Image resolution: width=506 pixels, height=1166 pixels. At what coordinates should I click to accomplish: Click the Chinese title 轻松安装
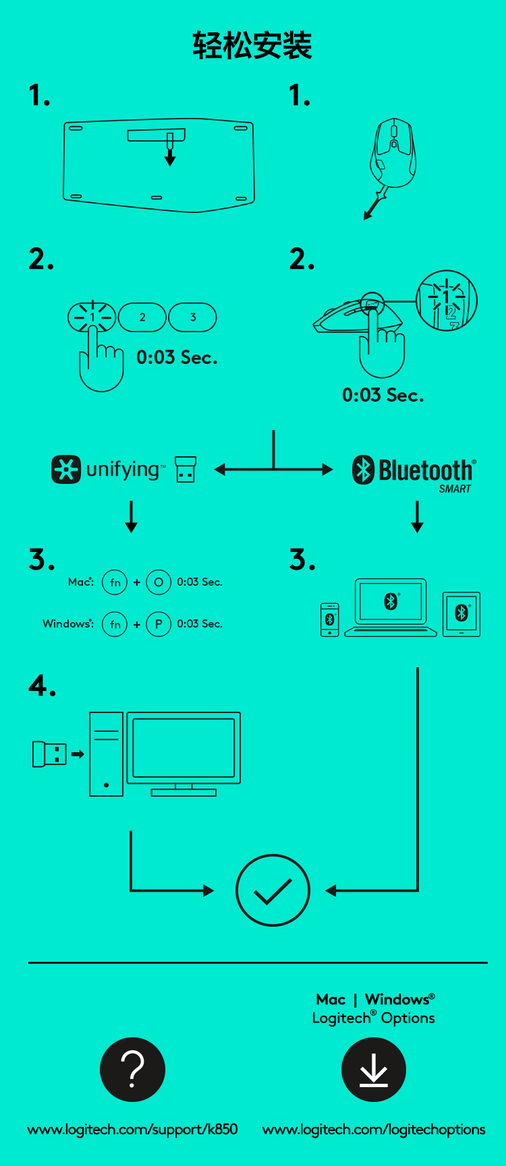coord(252,46)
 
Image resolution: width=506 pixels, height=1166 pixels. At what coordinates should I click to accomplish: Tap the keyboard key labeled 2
coord(142,317)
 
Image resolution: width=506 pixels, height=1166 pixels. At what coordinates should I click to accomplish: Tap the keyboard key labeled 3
coord(193,317)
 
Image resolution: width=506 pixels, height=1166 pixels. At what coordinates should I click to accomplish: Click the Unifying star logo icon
coord(66,470)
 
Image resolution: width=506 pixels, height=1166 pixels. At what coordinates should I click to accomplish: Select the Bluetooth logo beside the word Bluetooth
coord(364,470)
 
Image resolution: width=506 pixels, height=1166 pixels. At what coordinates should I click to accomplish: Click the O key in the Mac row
coord(159,582)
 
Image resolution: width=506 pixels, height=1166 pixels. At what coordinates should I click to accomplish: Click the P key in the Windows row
coord(159,624)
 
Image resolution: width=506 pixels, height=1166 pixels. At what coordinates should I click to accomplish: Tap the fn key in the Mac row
coord(115,582)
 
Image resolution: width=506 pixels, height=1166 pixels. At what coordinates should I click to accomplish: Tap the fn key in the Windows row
coord(115,624)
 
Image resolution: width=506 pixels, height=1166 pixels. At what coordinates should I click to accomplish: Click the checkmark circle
coord(273,890)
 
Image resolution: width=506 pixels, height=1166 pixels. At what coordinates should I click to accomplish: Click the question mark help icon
coord(132,1070)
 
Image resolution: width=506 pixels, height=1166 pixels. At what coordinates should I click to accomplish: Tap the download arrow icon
coord(374,1070)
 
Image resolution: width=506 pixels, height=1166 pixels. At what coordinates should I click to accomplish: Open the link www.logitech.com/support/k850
coord(132,1130)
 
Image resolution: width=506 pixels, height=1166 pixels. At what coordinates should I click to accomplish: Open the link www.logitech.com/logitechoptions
coord(374,1130)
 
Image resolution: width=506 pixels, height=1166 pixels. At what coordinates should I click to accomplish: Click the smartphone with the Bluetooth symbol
coord(330,619)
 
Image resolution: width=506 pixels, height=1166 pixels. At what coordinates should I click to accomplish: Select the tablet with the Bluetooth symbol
coord(461,614)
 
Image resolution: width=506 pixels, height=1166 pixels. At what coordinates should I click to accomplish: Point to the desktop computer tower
coord(107,754)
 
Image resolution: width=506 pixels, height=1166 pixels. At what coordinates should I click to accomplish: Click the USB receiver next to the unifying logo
coord(186,470)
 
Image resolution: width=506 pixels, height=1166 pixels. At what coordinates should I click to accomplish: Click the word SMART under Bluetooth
coord(455,489)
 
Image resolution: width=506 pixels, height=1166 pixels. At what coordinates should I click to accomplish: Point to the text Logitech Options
coord(374,1018)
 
